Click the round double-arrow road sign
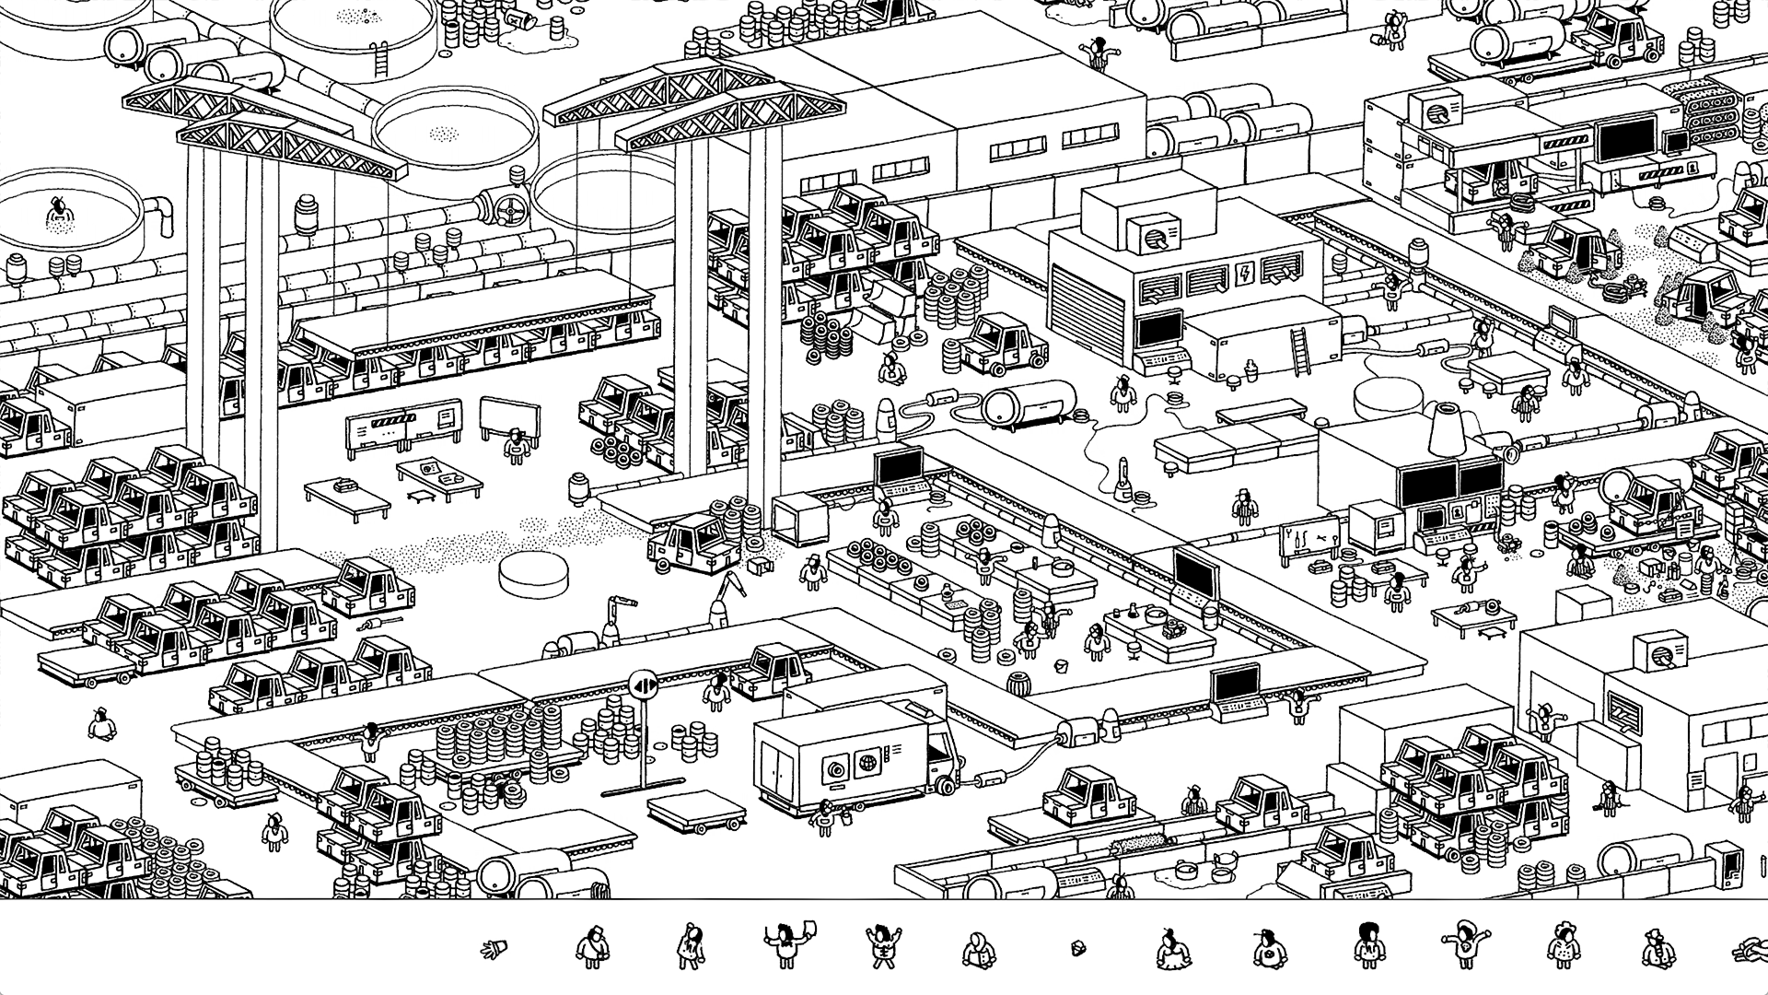pyautogui.click(x=643, y=684)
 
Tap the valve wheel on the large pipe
pyautogui.click(x=506, y=211)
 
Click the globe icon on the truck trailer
pyautogui.click(x=867, y=764)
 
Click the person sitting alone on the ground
pyautogui.click(x=100, y=725)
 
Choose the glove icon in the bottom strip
pyautogui.click(x=497, y=947)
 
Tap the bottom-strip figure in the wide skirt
pyautogui.click(x=1172, y=949)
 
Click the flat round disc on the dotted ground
pyautogui.click(x=533, y=572)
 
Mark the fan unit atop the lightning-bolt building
pyautogui.click(x=1150, y=236)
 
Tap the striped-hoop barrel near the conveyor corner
pyautogui.click(x=1019, y=685)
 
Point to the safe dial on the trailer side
pyautogui.click(x=835, y=767)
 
